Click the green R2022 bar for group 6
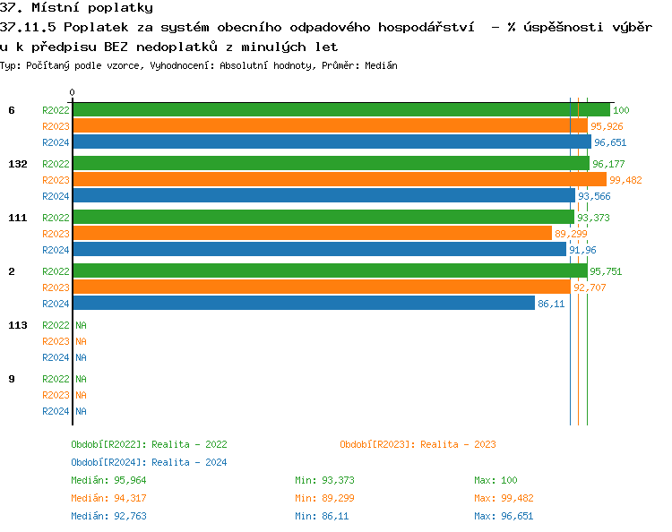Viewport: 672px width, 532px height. coord(340,110)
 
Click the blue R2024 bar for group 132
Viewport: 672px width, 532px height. coord(323,196)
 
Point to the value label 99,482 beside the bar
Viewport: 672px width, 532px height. coord(625,180)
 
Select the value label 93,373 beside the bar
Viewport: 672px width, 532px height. coord(593,218)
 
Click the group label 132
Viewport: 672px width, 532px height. coord(17,164)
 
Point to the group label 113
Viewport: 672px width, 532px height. coord(17,325)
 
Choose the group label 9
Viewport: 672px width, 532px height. coord(12,379)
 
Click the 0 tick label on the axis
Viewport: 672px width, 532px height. coord(73,92)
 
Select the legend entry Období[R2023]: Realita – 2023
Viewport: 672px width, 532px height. coord(418,444)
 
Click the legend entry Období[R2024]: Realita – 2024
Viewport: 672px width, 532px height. coord(149,462)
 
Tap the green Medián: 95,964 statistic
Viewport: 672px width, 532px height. coord(105,480)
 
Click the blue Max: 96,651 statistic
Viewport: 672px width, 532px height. coord(504,516)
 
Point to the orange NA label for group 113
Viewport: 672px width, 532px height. coord(81,341)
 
